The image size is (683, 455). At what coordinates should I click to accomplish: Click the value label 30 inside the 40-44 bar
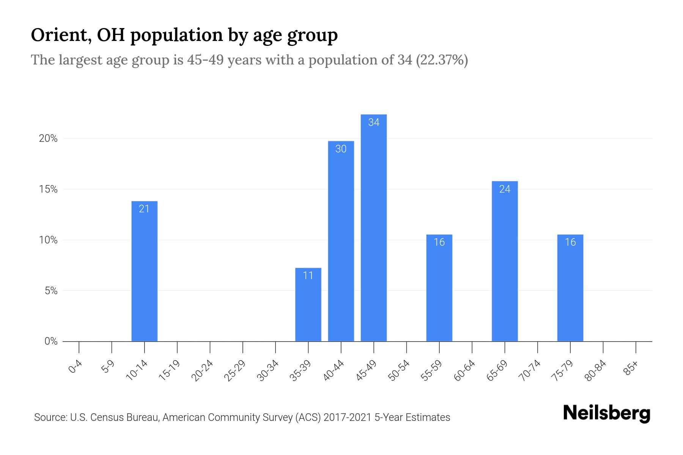coord(341,149)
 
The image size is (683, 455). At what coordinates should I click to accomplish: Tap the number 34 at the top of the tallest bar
coord(373,122)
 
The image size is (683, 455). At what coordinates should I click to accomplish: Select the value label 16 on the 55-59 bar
coord(439,242)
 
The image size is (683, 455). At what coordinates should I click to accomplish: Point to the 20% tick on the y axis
coord(48,139)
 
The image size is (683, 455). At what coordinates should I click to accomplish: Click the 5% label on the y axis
coord(51,291)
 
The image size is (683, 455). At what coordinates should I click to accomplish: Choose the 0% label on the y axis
coord(51,342)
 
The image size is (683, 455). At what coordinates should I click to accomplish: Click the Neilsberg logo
coord(606,414)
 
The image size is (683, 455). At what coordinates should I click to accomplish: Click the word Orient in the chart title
coord(60,35)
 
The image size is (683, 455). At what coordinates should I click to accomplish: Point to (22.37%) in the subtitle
coord(442,60)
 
